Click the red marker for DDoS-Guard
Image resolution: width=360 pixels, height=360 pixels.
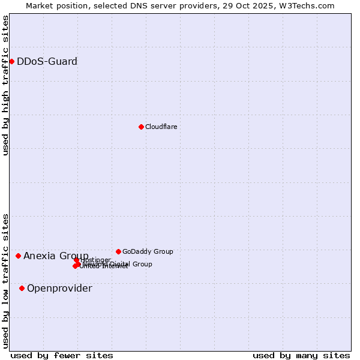coord(11,61)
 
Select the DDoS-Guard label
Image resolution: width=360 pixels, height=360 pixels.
coord(47,61)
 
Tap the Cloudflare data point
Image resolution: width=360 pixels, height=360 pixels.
coord(141,127)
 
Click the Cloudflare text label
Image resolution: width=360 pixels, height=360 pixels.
coord(161,127)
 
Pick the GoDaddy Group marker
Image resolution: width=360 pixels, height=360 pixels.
coord(118,251)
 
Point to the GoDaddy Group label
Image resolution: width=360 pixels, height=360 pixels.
coord(148,251)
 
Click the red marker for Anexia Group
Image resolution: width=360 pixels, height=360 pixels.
coord(18,256)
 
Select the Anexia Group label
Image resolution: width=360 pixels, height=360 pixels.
coord(56,256)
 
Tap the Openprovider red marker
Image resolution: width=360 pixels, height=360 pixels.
coord(22,288)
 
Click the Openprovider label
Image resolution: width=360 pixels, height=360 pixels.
coord(59,288)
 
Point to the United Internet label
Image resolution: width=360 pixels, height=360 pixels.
coord(103,266)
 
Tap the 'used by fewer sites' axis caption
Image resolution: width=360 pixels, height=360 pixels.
coord(62,355)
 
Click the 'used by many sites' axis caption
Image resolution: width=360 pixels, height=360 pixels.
coord(301,355)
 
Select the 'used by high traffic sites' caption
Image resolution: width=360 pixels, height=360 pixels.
coord(5,85)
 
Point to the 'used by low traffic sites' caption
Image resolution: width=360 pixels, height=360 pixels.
coord(5,280)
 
